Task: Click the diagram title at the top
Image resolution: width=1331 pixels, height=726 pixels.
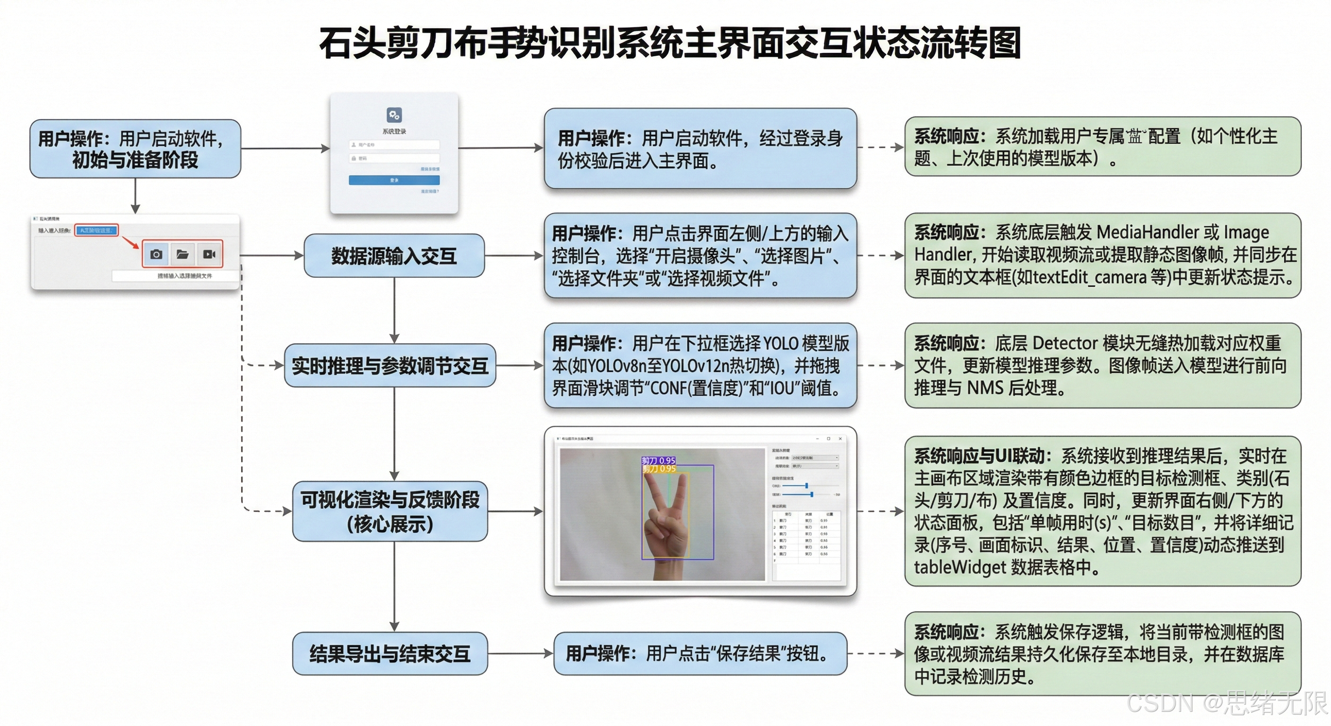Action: [x=670, y=43]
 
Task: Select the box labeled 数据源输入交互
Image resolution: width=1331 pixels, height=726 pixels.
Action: [x=394, y=256]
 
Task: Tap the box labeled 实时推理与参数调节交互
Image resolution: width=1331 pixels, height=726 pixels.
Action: [x=390, y=366]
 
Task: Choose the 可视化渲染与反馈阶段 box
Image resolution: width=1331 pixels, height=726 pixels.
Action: [x=390, y=511]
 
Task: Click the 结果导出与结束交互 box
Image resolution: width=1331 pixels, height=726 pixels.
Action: [x=390, y=654]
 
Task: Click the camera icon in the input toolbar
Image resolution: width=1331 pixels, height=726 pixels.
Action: [x=156, y=254]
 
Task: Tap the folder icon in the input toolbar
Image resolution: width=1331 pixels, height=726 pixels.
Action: [x=182, y=254]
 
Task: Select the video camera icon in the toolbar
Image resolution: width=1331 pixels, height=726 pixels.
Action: [x=209, y=254]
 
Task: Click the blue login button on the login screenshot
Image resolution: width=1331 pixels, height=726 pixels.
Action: [x=394, y=180]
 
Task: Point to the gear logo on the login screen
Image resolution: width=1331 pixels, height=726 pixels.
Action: [x=394, y=114]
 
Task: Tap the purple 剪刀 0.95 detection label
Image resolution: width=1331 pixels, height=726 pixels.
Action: [x=658, y=460]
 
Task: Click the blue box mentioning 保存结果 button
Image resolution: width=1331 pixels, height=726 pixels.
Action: [x=700, y=654]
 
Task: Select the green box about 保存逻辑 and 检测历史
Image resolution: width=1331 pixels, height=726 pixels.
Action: [x=1103, y=654]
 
